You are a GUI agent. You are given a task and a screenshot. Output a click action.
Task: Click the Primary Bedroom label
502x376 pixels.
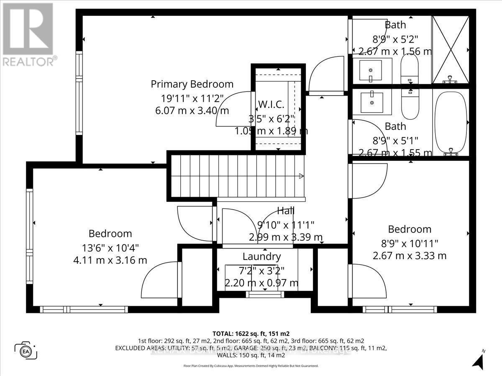click(192, 84)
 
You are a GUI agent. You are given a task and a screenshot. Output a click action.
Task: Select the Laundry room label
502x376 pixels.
click(261, 256)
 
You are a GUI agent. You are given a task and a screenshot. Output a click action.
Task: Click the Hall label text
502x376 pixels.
click(286, 211)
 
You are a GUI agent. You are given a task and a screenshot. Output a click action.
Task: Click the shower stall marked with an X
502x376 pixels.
click(451, 49)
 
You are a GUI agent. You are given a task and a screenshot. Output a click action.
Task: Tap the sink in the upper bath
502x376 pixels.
click(371, 70)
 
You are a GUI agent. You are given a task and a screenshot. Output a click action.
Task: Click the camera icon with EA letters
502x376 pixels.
click(26, 350)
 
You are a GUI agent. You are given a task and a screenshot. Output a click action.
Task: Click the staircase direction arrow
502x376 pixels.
click(300, 177)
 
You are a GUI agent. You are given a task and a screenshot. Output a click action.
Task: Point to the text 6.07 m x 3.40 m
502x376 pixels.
click(192, 111)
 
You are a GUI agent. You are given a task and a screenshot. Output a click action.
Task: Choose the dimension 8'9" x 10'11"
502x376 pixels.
click(410, 242)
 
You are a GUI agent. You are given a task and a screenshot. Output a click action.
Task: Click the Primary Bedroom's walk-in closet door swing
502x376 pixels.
click(232, 109)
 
